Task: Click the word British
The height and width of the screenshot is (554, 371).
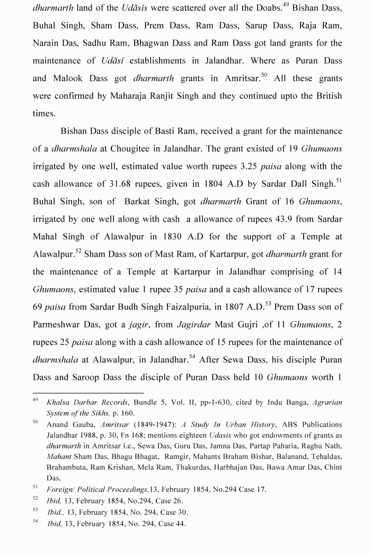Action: (x=324, y=96)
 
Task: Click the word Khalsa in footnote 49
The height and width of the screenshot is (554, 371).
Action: (x=57, y=403)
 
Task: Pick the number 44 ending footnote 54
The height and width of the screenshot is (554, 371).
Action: (x=181, y=524)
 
